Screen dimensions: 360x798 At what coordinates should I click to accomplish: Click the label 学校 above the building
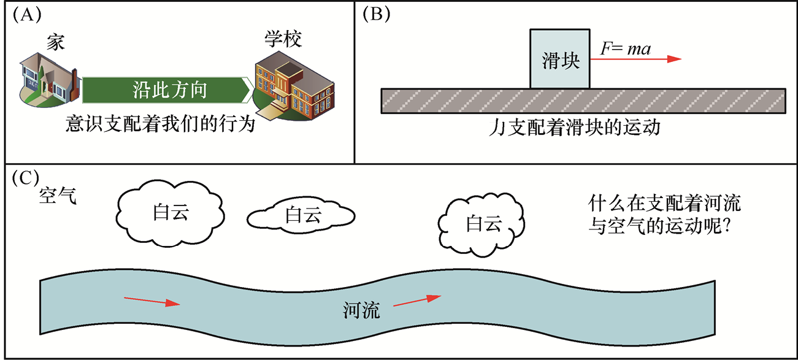pos(283,39)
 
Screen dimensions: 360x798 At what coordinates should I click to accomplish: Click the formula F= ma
pos(625,48)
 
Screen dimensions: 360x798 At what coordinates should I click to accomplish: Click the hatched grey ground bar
pos(583,101)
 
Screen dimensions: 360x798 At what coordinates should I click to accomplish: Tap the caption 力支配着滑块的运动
pos(581,129)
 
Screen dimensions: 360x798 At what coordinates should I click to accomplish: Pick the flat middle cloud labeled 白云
pos(300,215)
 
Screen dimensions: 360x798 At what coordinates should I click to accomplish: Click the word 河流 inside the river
pos(361,311)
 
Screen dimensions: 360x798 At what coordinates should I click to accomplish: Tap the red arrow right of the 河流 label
pos(417,301)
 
